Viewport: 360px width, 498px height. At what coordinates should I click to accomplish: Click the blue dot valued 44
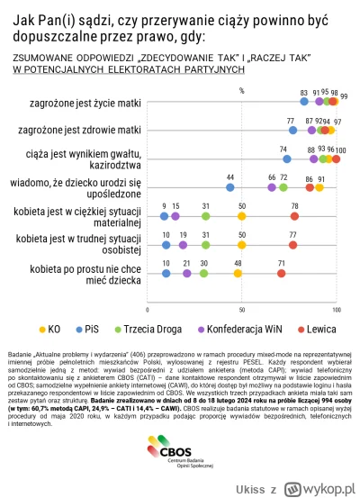click(x=230, y=188)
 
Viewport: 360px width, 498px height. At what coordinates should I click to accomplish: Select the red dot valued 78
click(x=294, y=216)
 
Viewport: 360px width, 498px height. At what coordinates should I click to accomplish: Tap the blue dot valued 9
click(x=164, y=216)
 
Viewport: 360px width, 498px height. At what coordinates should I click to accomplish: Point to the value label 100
click(x=340, y=149)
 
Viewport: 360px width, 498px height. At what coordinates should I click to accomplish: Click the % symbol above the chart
click(x=241, y=90)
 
